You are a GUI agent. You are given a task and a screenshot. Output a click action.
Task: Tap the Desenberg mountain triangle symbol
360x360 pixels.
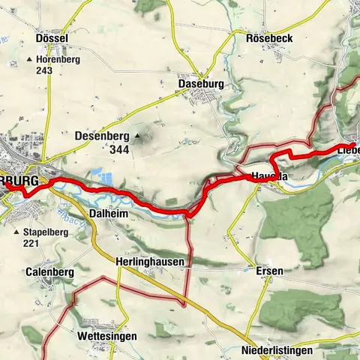tap(137, 136)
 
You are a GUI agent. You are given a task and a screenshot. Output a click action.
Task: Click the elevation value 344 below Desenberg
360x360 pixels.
tap(118, 150)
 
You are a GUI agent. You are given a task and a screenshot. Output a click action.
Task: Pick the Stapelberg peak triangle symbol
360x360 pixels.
tap(18, 232)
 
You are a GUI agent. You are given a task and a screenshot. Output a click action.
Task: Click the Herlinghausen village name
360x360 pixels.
tap(149, 261)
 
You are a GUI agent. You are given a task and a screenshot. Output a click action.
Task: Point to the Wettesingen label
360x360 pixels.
tap(107, 337)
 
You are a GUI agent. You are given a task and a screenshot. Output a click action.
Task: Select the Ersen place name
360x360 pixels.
tap(265, 270)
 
